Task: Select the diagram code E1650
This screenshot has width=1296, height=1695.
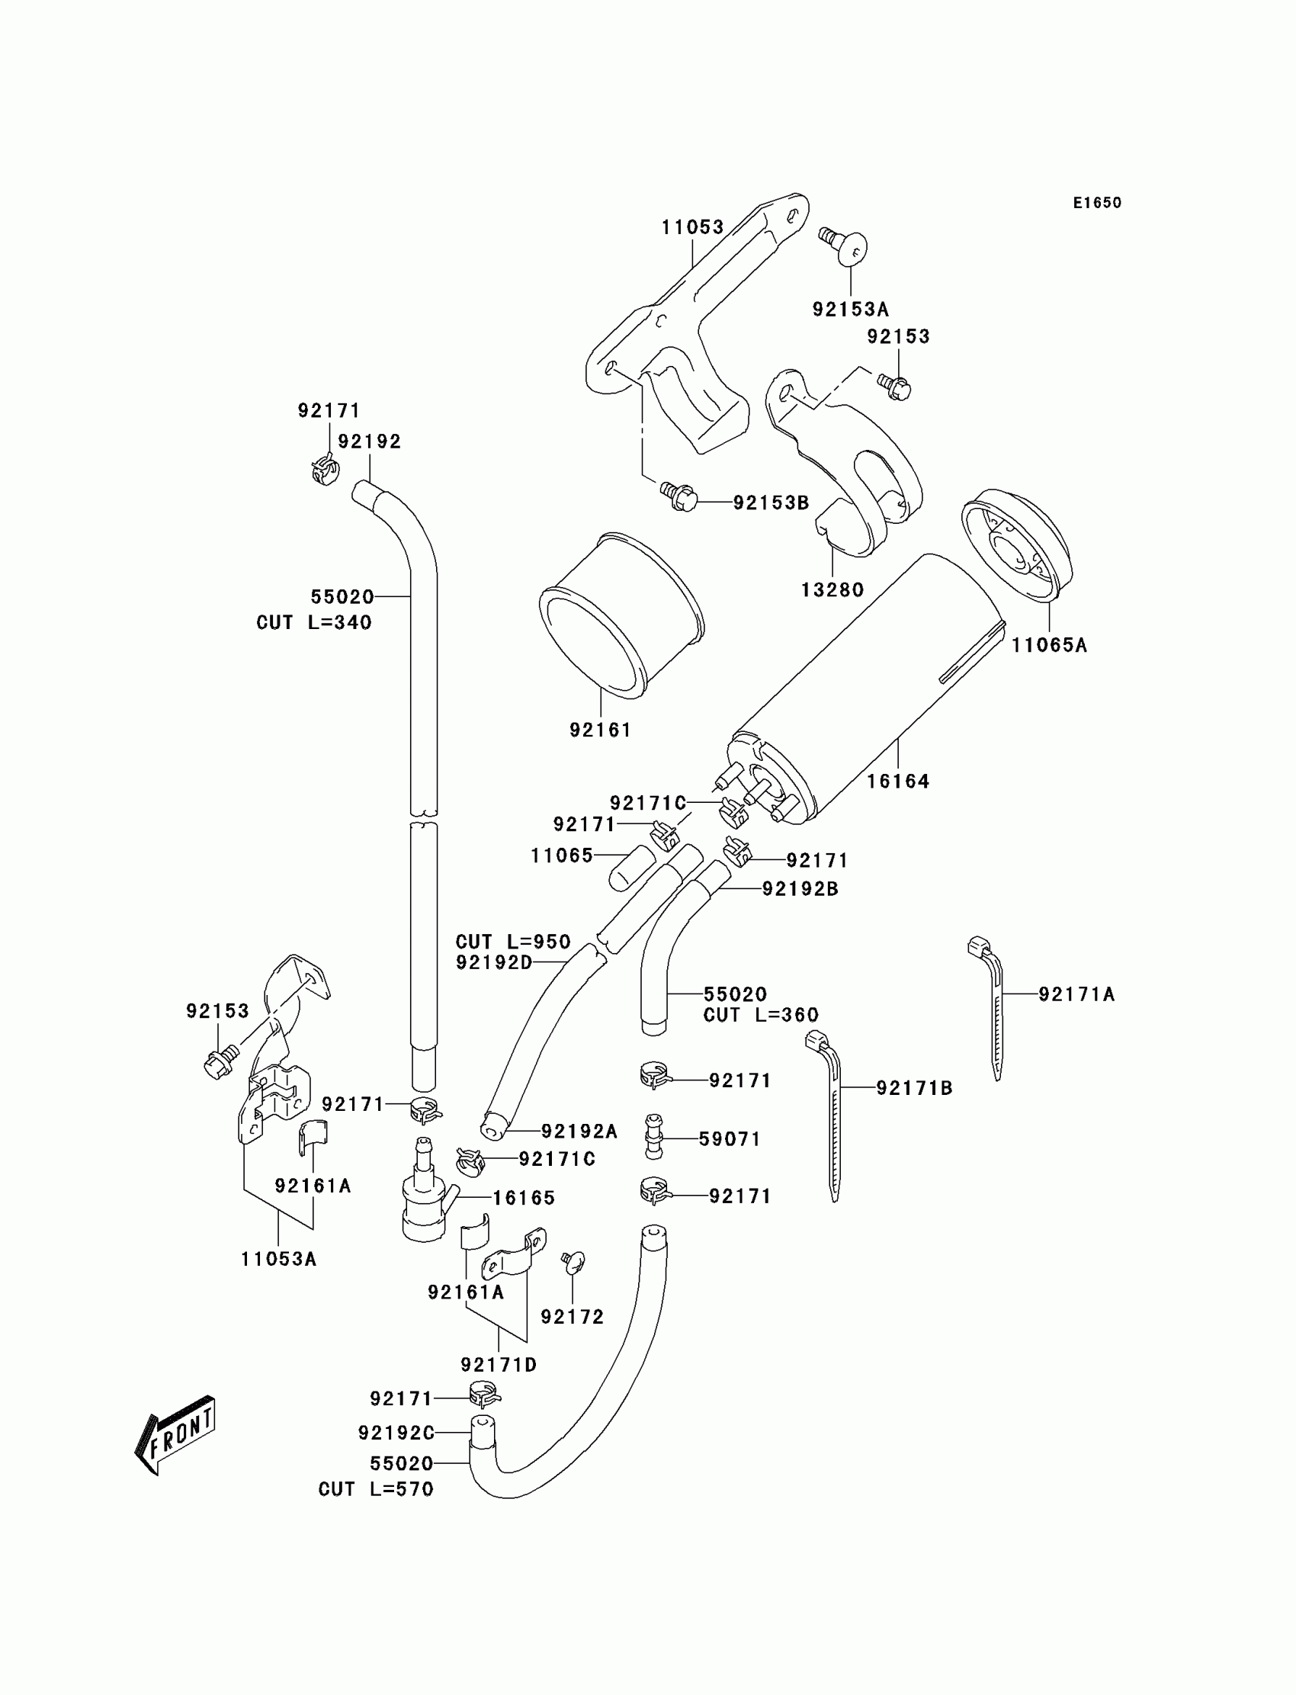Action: click(x=1097, y=203)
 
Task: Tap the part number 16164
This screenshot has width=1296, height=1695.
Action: click(x=898, y=782)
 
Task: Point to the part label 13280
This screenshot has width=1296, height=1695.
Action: click(x=832, y=590)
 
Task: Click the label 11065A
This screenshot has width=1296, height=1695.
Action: click(x=1049, y=645)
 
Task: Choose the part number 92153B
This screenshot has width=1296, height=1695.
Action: click(x=771, y=503)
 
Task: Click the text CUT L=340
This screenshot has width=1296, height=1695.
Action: click(x=314, y=623)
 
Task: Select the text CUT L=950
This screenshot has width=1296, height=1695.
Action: click(x=513, y=942)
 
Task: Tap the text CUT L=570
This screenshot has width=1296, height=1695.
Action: click(x=377, y=1490)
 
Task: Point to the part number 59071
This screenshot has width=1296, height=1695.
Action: click(x=730, y=1139)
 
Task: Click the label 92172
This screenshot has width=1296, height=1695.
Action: click(x=573, y=1317)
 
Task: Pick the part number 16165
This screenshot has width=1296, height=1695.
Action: click(x=524, y=1198)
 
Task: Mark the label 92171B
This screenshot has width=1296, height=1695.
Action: click(x=914, y=1089)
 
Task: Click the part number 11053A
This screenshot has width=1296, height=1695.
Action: click(x=278, y=1260)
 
